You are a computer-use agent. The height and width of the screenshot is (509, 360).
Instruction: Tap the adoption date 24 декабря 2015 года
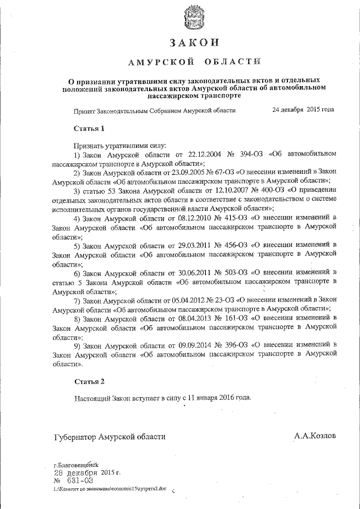pos(303,110)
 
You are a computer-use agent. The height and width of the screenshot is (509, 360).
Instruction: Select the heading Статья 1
pos(89,128)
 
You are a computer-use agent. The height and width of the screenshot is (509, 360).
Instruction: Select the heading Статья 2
pos(89,382)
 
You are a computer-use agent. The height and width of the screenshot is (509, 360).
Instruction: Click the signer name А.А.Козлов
pos(315,436)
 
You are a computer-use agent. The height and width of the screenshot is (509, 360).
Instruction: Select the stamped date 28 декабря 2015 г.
pos(83,472)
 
